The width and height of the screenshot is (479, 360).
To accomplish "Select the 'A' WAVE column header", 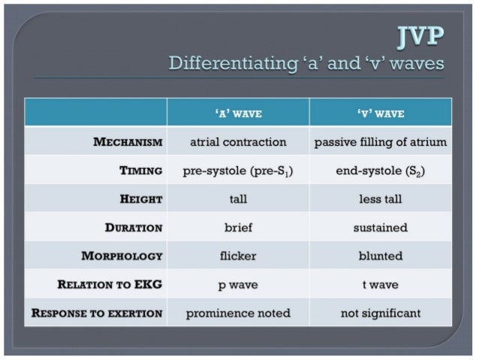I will coord(237,113).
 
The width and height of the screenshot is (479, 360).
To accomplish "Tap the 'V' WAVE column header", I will coord(380,113).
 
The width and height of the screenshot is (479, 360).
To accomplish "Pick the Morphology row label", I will coord(122,256).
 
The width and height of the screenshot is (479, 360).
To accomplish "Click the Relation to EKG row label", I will coord(110,285).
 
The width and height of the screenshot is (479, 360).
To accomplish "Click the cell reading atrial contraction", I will coord(237,142).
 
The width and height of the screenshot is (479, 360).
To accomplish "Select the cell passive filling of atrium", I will coord(380,142).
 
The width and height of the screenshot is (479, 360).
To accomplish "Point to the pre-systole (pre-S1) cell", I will coord(237,171).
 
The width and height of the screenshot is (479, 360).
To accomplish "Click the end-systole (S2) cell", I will coord(380,171).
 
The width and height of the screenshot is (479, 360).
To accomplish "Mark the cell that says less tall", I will coord(380,199).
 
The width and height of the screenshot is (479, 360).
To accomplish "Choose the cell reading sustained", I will coord(380,228).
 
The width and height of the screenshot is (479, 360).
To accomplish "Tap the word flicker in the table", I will coord(237,256).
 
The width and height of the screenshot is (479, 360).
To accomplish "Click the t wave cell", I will coord(380,285).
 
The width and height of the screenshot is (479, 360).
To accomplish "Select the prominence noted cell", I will coord(237,313).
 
